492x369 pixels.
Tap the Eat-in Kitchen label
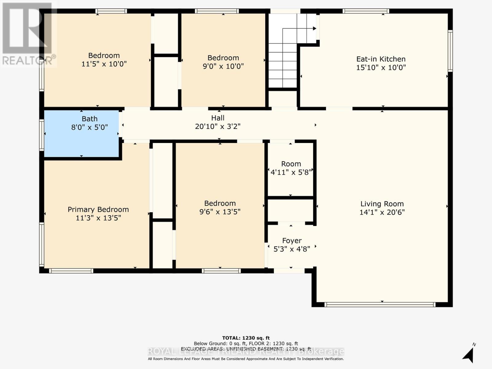coord(381,59)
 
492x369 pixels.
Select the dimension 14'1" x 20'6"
coord(382,212)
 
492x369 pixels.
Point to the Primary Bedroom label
coord(98,209)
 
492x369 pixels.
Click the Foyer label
coord(292,240)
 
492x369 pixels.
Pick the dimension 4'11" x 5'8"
coord(291,172)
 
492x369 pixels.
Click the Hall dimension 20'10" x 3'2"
coord(218,126)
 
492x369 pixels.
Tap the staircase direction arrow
coord(314,29)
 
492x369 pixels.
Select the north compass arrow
coord(468,355)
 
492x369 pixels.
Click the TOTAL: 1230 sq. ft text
coord(246,338)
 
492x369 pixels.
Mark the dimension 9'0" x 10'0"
coord(223,66)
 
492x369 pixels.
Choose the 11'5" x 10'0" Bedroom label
coord(104,55)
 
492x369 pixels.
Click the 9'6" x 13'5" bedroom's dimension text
coord(220,212)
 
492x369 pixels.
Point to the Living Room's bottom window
coord(380,304)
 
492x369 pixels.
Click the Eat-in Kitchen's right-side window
coord(450,51)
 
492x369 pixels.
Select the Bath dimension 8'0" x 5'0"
coord(89,127)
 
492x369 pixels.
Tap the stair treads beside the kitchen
coord(283,66)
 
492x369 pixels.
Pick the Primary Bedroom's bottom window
coord(71,271)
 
